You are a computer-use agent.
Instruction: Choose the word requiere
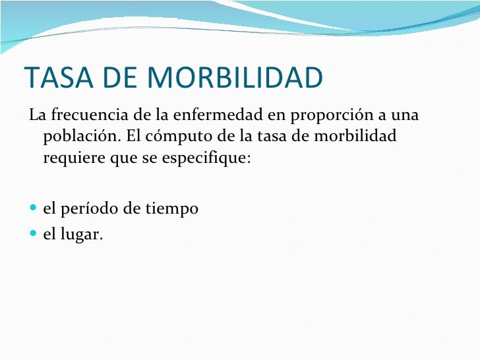coord(71,159)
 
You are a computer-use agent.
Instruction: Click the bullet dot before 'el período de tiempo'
coord(34,210)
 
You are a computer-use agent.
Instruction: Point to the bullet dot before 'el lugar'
coord(34,232)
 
